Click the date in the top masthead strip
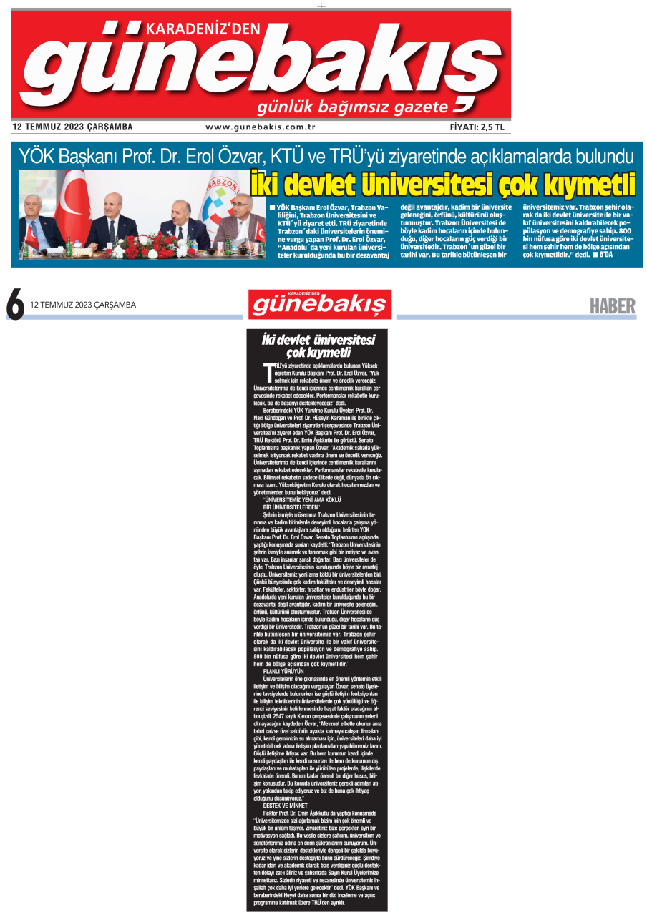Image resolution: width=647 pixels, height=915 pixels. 72,127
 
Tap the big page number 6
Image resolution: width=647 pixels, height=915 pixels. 15,303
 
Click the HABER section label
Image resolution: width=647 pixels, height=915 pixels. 612,306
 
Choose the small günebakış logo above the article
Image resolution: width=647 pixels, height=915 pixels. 320,305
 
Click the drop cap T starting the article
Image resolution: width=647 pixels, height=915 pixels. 268,371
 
